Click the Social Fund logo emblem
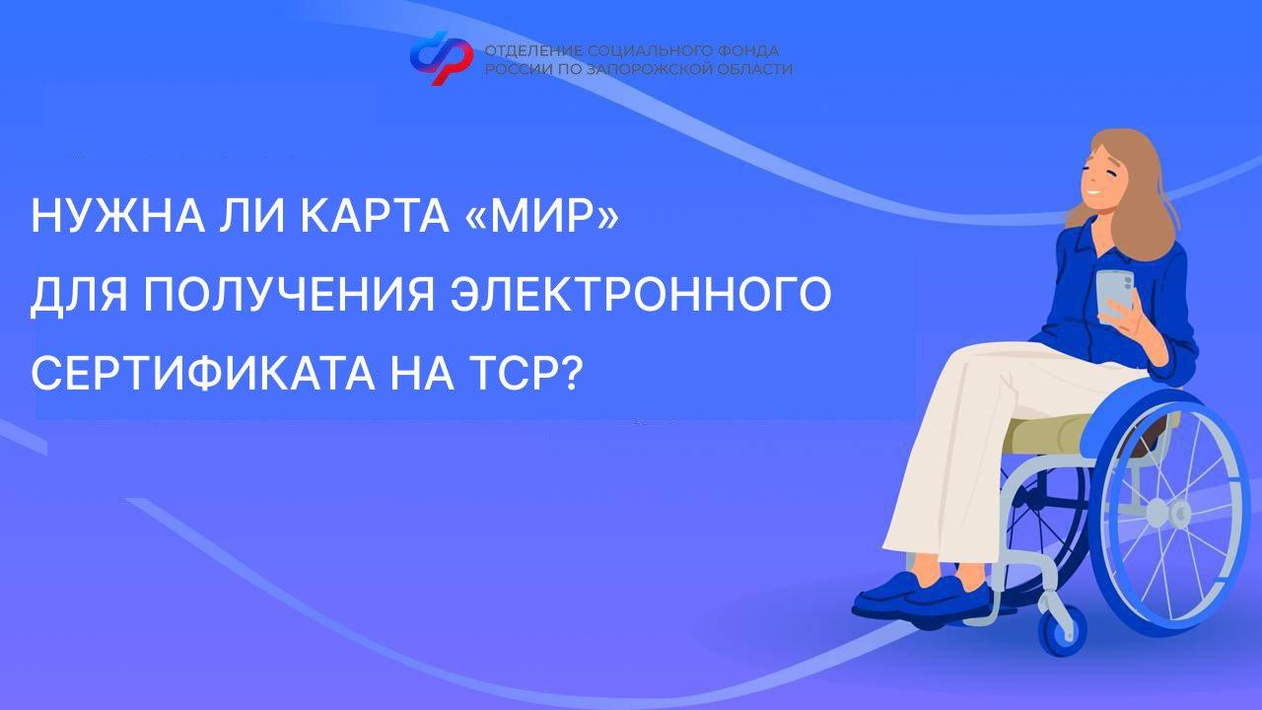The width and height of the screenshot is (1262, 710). pos(441,57)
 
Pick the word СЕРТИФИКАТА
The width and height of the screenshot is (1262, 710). pos(202,372)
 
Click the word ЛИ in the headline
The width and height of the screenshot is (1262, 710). pos(253,216)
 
